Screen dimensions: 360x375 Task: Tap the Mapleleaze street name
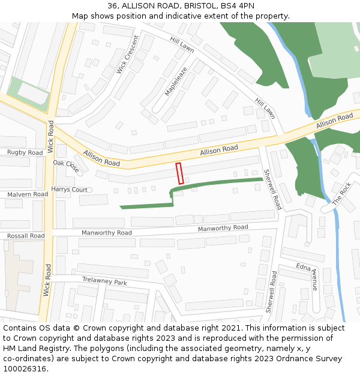[x=176, y=81]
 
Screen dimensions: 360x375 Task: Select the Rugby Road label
[x=25, y=152]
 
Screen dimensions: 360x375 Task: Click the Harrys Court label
[x=69, y=190]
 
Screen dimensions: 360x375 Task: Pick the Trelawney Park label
[x=104, y=281]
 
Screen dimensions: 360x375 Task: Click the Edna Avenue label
[x=307, y=276]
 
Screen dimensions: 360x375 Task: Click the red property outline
[x=179, y=173]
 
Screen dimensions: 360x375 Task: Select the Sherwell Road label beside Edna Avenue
[x=271, y=292]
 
